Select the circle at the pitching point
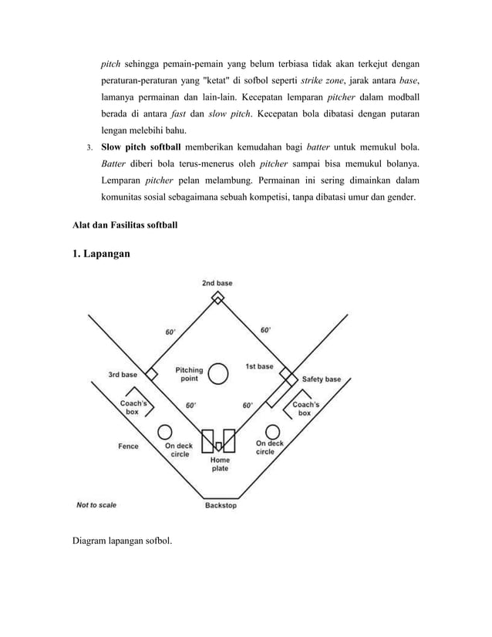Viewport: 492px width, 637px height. click(x=219, y=374)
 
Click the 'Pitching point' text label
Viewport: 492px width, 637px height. click(x=189, y=374)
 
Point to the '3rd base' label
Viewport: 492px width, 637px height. click(x=122, y=375)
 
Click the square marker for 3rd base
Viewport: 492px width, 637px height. click(x=152, y=374)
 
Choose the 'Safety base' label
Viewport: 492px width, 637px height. click(x=321, y=379)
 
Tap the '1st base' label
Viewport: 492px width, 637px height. click(x=259, y=366)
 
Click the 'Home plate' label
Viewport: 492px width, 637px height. click(x=220, y=464)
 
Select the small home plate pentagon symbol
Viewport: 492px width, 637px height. click(x=219, y=446)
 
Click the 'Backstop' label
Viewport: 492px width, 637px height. click(x=221, y=506)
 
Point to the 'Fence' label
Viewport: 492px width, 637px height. click(x=128, y=446)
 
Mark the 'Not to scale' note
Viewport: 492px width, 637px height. click(x=96, y=506)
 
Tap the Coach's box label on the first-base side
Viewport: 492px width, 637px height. click(x=305, y=409)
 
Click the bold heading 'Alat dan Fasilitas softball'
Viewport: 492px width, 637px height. click(x=126, y=225)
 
